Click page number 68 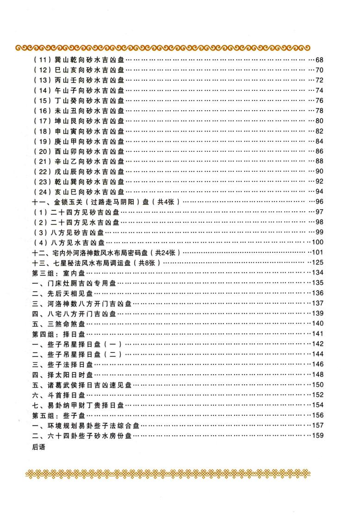(x=319, y=61)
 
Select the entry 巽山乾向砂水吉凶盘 (x=79, y=61)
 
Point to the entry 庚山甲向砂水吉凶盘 (x=79, y=141)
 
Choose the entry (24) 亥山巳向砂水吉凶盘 (x=79, y=192)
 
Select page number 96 (x=319, y=202)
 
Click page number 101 (x=317, y=252)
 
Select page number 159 (x=317, y=435)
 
